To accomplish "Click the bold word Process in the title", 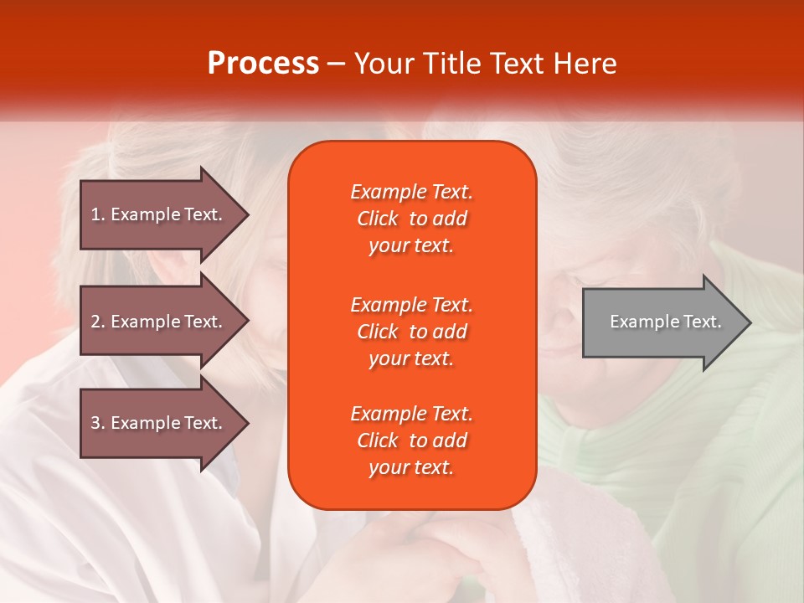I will click(263, 64).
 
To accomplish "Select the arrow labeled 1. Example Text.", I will click(159, 214).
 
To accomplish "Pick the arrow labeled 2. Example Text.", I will click(159, 322).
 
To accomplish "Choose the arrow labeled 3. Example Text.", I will click(159, 423).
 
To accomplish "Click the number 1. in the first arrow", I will click(98, 214).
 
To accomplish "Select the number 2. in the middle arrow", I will click(98, 322).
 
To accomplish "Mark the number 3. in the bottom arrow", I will click(98, 423).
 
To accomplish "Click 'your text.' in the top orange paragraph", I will click(411, 246).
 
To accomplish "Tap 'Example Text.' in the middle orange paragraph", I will click(411, 305).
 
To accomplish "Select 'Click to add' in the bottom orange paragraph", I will click(411, 441).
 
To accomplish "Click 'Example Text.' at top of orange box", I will click(411, 192).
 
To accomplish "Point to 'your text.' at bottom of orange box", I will click(411, 468).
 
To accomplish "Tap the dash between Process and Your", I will click(336, 64).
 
